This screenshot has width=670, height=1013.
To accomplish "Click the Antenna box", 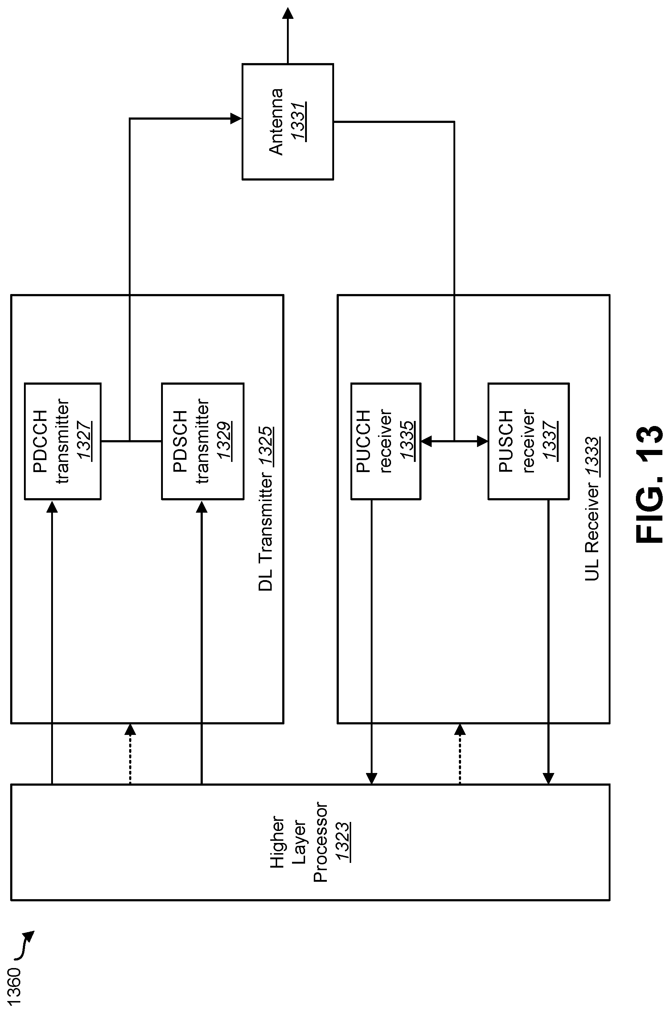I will point(288,122).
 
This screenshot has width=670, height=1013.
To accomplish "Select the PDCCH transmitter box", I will point(63,441).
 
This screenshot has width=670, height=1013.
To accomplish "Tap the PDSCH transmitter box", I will point(202,441).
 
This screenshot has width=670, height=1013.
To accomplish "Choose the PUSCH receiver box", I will point(528,441).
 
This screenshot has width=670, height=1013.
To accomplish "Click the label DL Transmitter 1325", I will point(265,508).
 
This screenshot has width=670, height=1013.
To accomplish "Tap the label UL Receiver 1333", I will point(592,508).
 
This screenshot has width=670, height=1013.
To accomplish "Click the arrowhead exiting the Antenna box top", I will point(288,14).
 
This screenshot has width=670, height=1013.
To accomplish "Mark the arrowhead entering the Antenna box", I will point(236,118).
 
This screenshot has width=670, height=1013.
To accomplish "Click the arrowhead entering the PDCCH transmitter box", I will point(52,506).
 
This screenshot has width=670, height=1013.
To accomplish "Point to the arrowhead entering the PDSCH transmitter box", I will point(202,506).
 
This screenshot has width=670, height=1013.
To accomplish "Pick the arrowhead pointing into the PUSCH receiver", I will point(482,441).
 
